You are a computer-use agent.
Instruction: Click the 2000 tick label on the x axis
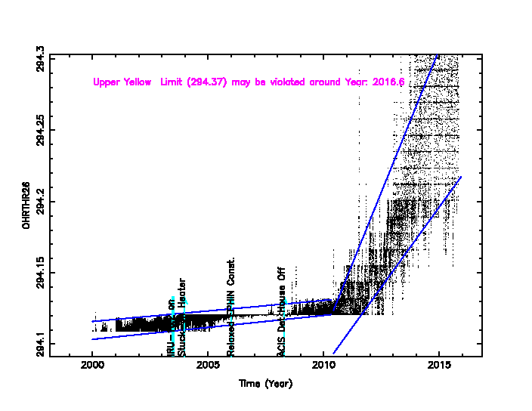(92, 366)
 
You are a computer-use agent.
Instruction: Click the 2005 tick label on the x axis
(209, 366)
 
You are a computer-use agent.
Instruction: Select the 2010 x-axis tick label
(324, 366)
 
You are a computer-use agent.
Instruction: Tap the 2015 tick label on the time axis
(440, 366)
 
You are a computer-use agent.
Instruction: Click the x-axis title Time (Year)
(265, 384)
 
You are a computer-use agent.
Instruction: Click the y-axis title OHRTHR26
(26, 205)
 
